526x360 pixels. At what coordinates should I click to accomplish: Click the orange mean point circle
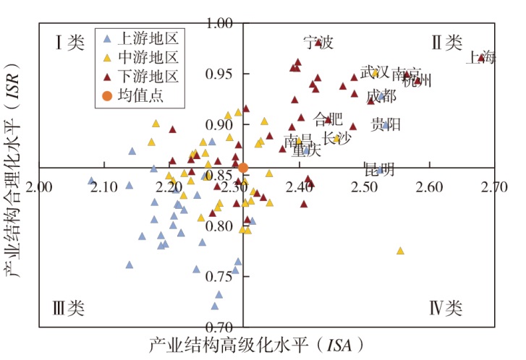coord(243,168)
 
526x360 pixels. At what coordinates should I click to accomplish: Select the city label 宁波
coord(318,43)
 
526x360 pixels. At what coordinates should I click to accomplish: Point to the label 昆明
coord(379,170)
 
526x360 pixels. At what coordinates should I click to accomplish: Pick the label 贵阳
coord(386,124)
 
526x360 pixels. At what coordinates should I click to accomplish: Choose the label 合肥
coord(328,119)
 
